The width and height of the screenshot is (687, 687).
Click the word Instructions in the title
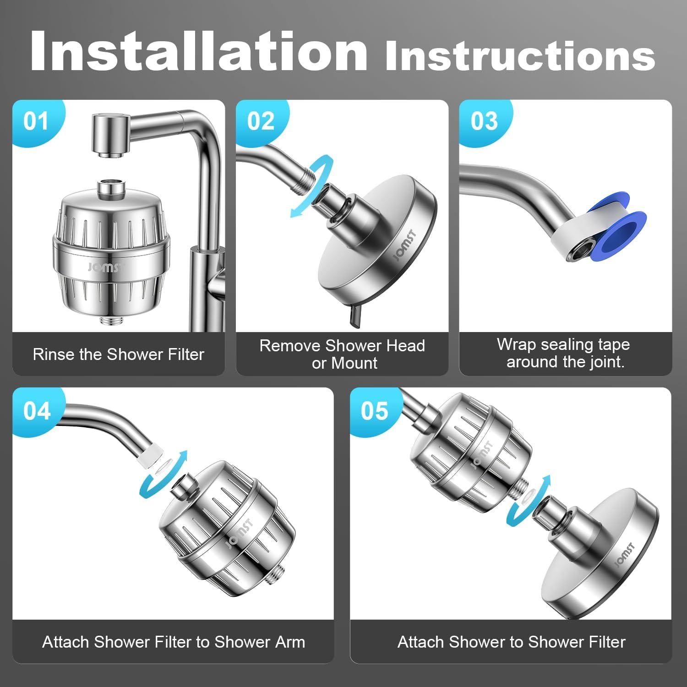pyautogui.click(x=520, y=56)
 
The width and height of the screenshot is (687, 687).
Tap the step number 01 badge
pyautogui.click(x=37, y=122)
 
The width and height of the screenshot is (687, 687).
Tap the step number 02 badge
pyautogui.click(x=261, y=122)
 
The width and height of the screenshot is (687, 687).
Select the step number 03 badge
pyautogui.click(x=484, y=122)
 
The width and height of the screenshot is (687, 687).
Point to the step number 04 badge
pyautogui.click(x=37, y=411)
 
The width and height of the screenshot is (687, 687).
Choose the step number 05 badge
pyautogui.click(x=374, y=411)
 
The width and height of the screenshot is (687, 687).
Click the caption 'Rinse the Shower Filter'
pyautogui.click(x=119, y=354)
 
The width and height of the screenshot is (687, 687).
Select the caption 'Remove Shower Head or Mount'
pyautogui.click(x=342, y=354)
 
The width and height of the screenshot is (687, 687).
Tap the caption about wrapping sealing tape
pyautogui.click(x=564, y=353)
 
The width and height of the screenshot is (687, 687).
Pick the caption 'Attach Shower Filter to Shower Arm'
pyautogui.click(x=174, y=642)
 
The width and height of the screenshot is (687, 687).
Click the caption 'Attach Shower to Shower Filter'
pyautogui.click(x=512, y=642)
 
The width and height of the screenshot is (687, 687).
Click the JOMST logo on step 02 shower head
pyautogui.click(x=405, y=245)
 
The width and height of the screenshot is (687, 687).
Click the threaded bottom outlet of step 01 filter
pyautogui.click(x=111, y=320)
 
